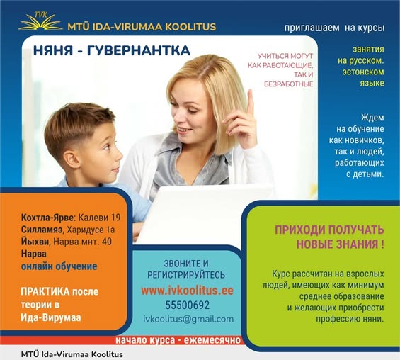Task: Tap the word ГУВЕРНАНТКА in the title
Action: click(139, 50)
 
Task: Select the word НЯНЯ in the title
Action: click(53, 50)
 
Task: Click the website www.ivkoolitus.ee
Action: click(187, 291)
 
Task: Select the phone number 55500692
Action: click(187, 305)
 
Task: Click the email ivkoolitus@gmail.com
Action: click(188, 319)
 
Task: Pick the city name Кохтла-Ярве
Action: click(47, 218)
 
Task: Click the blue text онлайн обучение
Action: click(59, 266)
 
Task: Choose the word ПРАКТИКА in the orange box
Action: click(45, 291)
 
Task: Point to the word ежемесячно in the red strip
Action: click(212, 340)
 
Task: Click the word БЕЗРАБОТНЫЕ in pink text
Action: click(289, 84)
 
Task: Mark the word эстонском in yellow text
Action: click(363, 72)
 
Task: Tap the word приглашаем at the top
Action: click(312, 28)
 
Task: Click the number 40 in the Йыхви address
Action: click(107, 242)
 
